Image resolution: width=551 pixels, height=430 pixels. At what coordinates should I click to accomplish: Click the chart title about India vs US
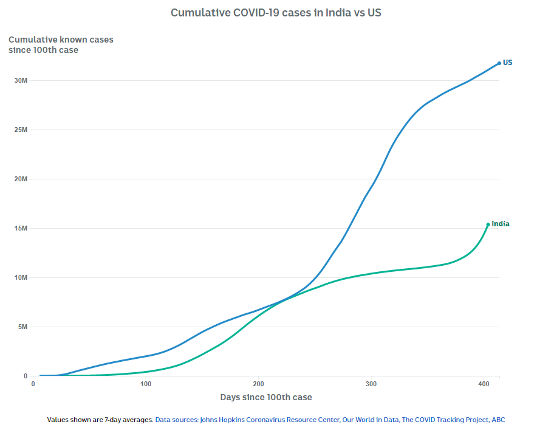point(276,13)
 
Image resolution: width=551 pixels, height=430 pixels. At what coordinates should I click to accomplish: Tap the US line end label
point(507,63)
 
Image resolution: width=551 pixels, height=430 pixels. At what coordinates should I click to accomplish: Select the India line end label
point(501,224)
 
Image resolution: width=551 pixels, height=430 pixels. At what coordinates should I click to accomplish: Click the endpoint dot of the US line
point(499,63)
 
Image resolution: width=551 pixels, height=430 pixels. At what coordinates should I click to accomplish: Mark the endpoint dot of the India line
point(488,224)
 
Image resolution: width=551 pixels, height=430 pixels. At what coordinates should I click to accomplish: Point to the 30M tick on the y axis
point(21,81)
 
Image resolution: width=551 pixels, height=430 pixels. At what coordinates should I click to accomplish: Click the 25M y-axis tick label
point(21,130)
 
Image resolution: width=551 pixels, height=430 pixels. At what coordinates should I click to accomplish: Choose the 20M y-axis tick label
point(21,179)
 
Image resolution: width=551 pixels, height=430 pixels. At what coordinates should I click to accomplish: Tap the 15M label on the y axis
point(21,229)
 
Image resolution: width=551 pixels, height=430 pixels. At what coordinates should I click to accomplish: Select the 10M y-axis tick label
point(21,278)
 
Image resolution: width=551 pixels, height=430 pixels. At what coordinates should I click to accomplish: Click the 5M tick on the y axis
point(23,327)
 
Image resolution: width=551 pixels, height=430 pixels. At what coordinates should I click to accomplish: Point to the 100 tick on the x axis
point(146,384)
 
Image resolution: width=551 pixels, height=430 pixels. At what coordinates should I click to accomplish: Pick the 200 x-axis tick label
point(258,384)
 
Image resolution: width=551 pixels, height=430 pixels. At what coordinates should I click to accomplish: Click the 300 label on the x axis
point(371,384)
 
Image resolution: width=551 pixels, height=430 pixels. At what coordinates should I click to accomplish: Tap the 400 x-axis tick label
point(484,384)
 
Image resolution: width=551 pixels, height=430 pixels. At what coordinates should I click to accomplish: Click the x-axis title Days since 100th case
point(266,398)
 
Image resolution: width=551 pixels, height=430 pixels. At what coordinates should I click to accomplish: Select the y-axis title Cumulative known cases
point(61,40)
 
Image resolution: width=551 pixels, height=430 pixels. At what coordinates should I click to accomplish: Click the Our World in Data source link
point(371,420)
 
